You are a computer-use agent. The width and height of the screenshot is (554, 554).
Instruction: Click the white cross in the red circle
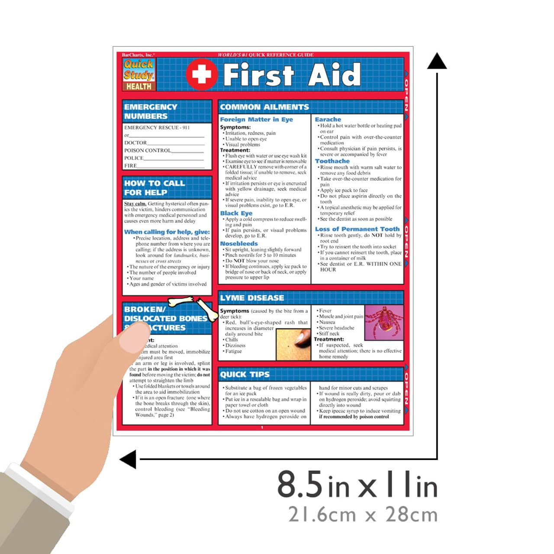click(202, 74)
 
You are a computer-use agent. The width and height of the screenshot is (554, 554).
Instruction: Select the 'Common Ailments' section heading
click(264, 107)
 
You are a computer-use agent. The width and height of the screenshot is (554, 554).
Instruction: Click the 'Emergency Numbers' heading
click(150, 111)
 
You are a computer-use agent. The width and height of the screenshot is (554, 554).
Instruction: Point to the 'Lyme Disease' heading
click(252, 298)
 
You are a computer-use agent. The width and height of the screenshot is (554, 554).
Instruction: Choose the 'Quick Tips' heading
click(245, 374)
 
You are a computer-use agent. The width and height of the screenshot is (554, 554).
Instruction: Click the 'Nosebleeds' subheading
click(238, 244)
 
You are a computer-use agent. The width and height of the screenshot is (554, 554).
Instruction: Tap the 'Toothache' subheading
click(332, 161)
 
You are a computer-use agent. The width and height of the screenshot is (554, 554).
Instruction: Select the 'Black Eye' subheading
click(236, 213)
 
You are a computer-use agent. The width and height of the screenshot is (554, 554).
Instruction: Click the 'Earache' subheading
click(328, 119)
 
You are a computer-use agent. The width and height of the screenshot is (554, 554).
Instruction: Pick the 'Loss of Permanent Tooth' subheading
click(357, 229)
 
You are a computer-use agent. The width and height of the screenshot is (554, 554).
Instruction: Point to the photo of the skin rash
click(293, 344)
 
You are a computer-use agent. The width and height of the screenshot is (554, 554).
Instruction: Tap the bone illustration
click(193, 305)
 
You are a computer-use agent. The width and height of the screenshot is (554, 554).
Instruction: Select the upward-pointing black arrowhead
click(437, 61)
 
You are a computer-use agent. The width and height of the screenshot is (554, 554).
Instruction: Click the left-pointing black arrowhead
click(128, 459)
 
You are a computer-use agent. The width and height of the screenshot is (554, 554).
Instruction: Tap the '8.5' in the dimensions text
click(300, 484)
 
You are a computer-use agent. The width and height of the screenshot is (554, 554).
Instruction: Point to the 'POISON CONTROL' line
click(148, 151)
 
